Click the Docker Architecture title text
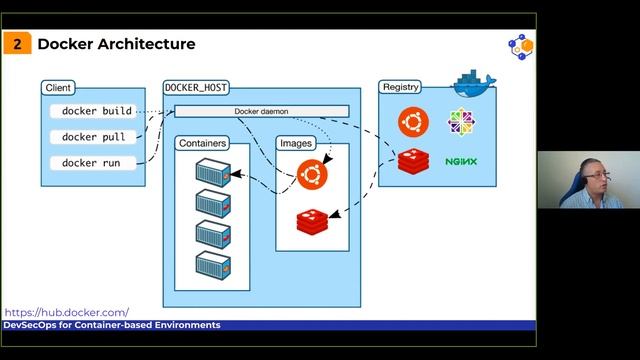pos(116,44)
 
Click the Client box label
pos(58,88)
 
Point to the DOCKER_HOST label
pos(196,88)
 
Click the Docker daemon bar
pos(261,111)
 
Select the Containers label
pos(202,143)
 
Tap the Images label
pos(296,143)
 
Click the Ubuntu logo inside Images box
pos(312,176)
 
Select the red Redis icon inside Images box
pos(312,220)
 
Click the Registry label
pos(400,88)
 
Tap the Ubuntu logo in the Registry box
pos(410,122)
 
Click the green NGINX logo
pos(461,161)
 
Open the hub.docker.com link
pos(66,312)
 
